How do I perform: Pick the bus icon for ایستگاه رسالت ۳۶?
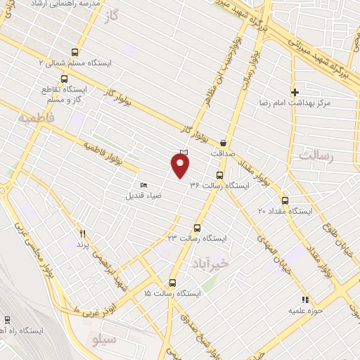coord(219,175)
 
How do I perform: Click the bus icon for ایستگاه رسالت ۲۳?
coord(196,228)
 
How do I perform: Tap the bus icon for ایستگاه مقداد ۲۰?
coord(284,200)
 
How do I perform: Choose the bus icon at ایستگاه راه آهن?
coord(7,319)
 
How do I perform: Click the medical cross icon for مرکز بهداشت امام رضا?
coord(295,92)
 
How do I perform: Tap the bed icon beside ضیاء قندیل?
coord(144,185)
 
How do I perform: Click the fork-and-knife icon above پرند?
coord(83,233)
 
